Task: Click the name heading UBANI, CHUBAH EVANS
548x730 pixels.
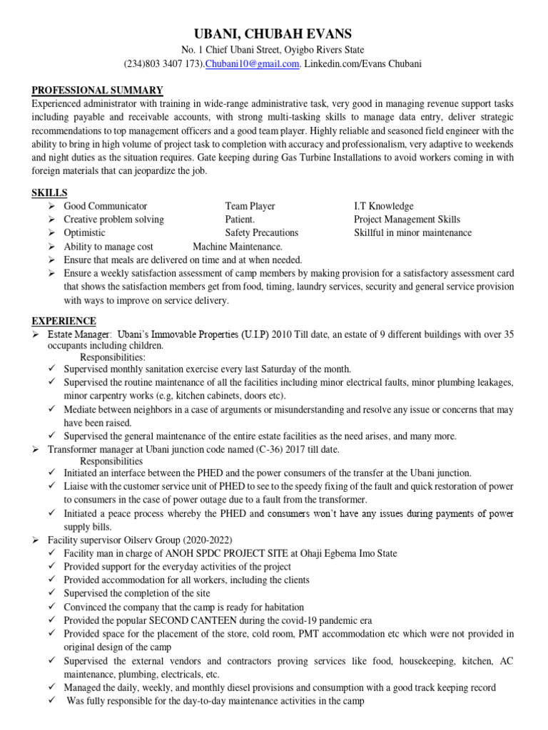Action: point(274,34)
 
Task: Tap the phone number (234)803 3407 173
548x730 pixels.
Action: point(164,64)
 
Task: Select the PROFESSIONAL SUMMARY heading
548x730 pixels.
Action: point(97,90)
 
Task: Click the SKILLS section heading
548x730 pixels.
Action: point(49,193)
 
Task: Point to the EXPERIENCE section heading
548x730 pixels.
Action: point(64,322)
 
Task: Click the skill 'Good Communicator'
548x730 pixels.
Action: point(106,206)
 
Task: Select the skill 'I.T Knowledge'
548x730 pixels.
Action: point(383,206)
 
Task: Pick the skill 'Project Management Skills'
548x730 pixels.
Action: point(407,220)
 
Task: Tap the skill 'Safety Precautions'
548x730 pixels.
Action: point(261,232)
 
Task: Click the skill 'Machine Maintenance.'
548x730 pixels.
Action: point(238,246)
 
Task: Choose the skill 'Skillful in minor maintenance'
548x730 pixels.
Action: point(412,232)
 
